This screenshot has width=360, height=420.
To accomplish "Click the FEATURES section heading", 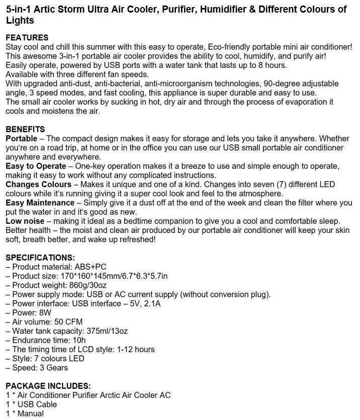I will pos(27,38).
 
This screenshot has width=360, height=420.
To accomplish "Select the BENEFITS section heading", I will pos(25,129).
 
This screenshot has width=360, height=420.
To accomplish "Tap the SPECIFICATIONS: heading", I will pos(40,258).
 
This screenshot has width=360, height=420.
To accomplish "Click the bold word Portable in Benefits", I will pos(22,138).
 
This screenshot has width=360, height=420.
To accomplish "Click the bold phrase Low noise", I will pos(25,221).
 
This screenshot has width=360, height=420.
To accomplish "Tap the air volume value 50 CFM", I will pos(67,322).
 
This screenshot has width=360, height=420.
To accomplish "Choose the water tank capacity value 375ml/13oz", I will pos(107,331).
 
